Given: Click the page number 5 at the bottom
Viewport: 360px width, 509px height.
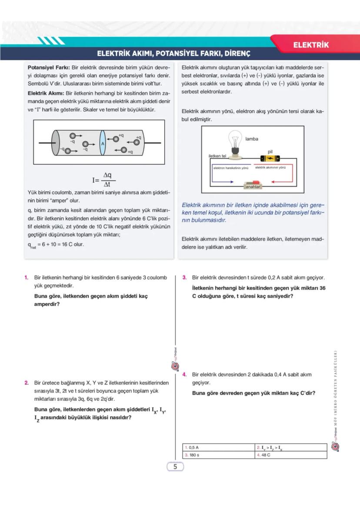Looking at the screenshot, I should coord(175,467).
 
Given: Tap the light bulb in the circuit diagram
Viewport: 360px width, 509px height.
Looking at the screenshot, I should coord(235,141).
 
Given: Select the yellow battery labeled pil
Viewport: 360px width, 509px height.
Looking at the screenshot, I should coord(270,158).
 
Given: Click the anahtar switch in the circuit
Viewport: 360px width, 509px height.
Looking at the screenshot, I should coord(253,184).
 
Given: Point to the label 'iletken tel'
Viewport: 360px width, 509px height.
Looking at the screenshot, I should coord(218,156).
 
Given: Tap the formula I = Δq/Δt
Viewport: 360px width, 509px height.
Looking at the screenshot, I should coord(103,179).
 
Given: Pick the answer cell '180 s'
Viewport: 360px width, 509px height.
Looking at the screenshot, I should coord(192,455).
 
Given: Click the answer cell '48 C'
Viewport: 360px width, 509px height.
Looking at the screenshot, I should coord(263,455).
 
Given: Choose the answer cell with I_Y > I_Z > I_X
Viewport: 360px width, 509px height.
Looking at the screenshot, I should coord(272,447).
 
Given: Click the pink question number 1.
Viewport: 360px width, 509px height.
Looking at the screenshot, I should coord(27,277).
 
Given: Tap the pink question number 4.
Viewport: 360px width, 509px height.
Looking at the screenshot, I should coord(184,374).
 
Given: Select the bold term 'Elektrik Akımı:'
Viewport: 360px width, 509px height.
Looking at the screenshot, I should coord(46,93).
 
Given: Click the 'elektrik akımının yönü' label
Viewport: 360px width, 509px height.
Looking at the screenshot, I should coord(270,167).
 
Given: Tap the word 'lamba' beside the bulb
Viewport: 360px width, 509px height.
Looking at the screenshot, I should coord(251,139).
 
